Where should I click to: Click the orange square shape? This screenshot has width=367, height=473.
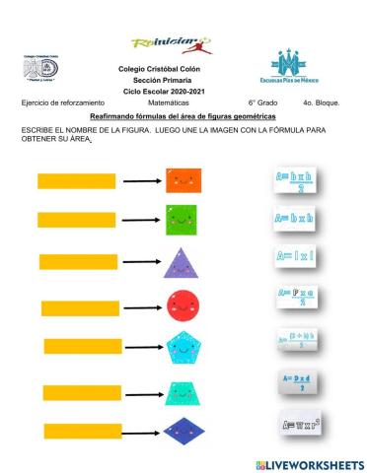(x=180, y=180)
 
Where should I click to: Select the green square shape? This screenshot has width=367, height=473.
(x=180, y=218)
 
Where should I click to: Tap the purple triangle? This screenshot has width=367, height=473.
(x=181, y=263)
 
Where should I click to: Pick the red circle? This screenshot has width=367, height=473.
(x=183, y=304)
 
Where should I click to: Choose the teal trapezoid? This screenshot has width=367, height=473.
(x=183, y=391)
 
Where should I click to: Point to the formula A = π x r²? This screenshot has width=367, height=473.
(x=299, y=425)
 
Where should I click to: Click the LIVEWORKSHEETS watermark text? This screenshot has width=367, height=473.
(x=314, y=463)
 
